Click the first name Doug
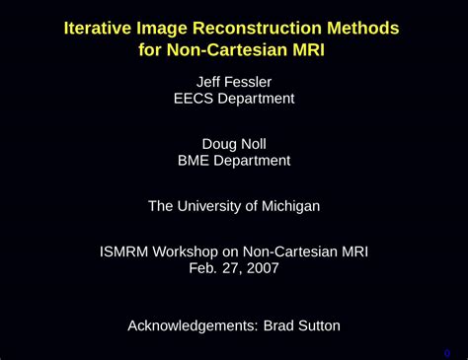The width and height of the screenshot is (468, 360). (x=219, y=143)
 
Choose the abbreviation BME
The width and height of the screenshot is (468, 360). (x=194, y=161)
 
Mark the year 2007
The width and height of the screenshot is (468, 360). (x=262, y=268)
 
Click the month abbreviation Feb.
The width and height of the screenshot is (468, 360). (x=202, y=268)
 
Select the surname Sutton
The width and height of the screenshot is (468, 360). (x=316, y=324)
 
